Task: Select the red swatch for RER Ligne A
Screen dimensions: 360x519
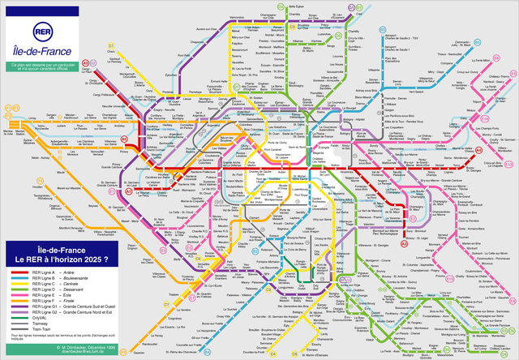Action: click(x=22, y=271)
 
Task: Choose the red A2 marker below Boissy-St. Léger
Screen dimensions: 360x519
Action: click(x=404, y=243)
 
